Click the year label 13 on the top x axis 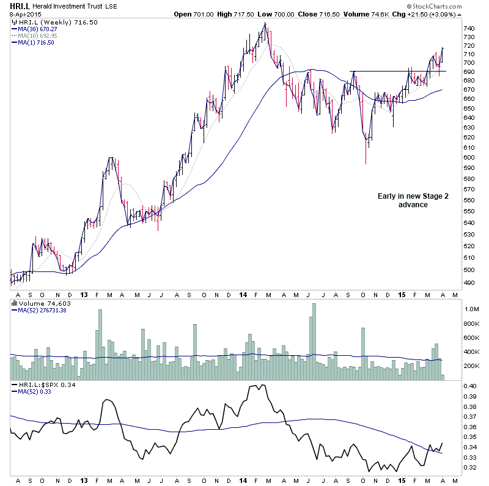tap(84, 292)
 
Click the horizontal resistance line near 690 tap(397, 72)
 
